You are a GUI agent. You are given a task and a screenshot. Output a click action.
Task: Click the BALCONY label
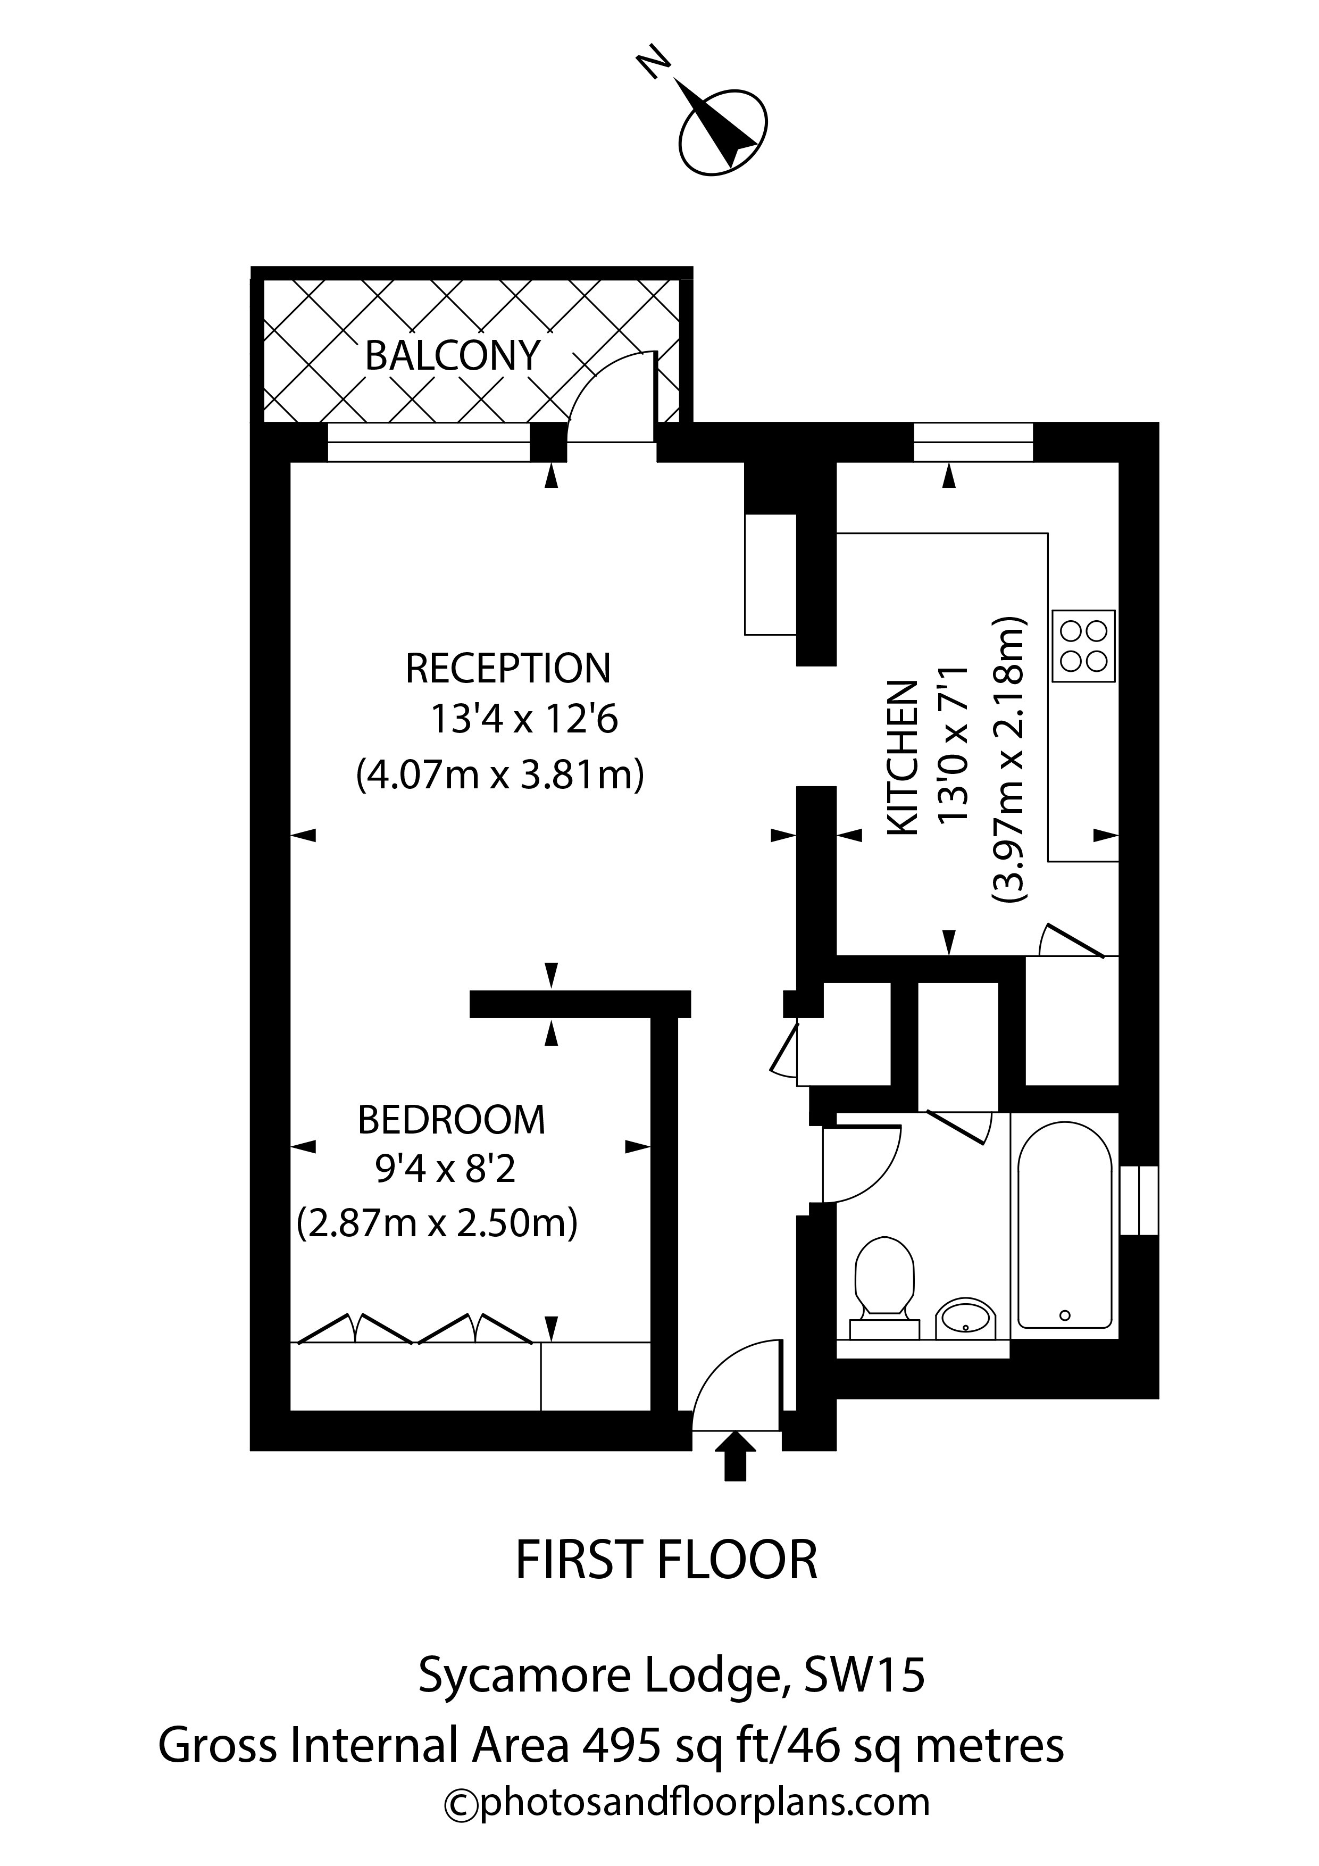pos(453,355)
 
